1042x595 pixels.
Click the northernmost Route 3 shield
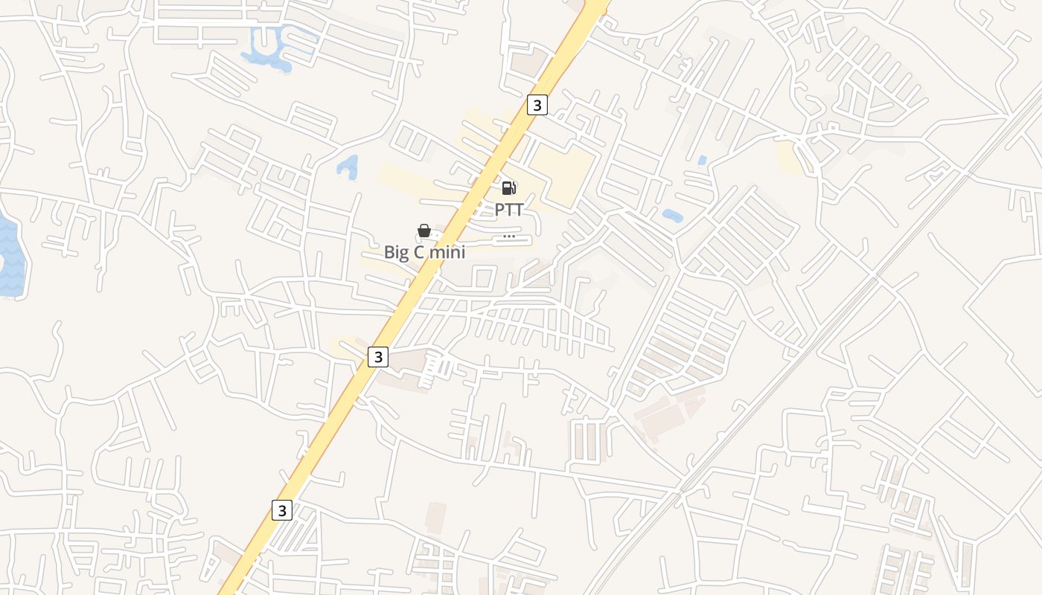coord(537,105)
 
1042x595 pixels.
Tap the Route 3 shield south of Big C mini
coord(378,357)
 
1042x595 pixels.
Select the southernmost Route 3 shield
coord(281,510)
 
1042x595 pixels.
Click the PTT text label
coord(509,210)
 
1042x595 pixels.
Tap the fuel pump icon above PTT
coord(509,188)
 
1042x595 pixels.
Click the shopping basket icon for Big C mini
coord(424,231)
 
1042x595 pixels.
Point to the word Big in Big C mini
coord(397,252)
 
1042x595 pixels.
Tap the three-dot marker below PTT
coord(509,237)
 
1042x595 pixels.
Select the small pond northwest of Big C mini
coord(348,167)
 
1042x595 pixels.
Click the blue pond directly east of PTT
coord(673,216)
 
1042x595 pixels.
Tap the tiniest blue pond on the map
coord(703,160)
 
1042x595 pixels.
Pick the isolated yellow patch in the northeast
coord(789,156)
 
